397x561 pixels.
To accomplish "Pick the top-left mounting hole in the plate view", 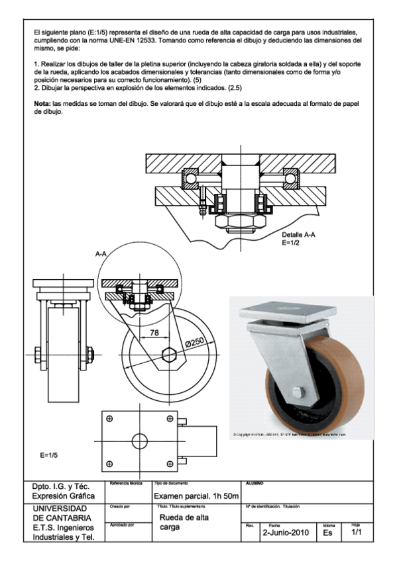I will (110, 419).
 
